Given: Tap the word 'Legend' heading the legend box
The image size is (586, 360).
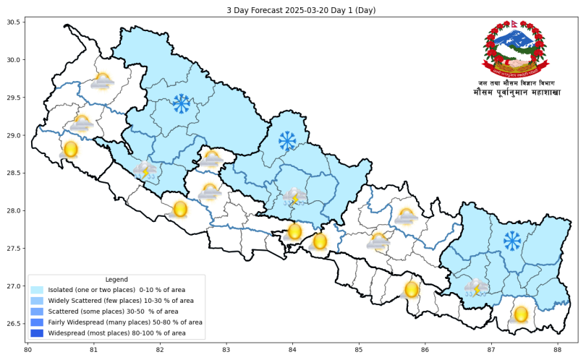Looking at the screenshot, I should (x=116, y=279).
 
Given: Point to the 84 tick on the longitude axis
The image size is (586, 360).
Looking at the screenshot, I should (x=292, y=350).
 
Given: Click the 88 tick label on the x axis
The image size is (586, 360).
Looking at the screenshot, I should (x=557, y=350).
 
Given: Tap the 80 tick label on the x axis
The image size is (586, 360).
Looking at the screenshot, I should (x=28, y=350).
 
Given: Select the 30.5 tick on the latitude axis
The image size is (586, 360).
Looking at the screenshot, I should (x=15, y=22).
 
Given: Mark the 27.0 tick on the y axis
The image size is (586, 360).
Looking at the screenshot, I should (x=15, y=286).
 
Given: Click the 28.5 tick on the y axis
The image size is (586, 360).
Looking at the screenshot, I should (x=15, y=173).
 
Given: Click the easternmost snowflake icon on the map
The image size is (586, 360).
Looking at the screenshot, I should (x=512, y=241).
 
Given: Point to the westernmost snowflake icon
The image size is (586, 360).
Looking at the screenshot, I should (x=181, y=104).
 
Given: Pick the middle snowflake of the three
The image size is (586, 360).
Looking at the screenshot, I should (x=287, y=140).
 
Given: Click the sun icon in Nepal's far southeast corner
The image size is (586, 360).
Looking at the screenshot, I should (x=520, y=315).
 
